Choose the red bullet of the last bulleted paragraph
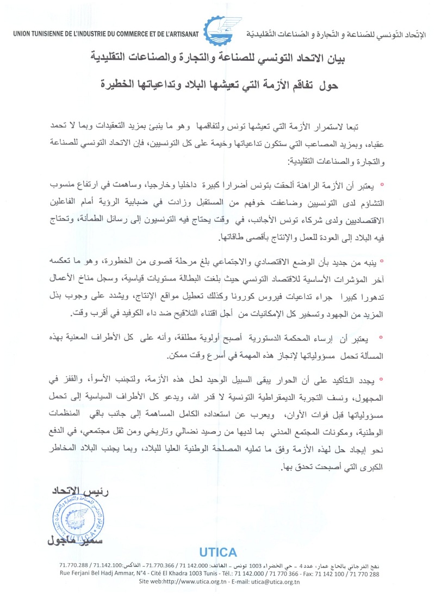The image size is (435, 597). coord(382,378)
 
